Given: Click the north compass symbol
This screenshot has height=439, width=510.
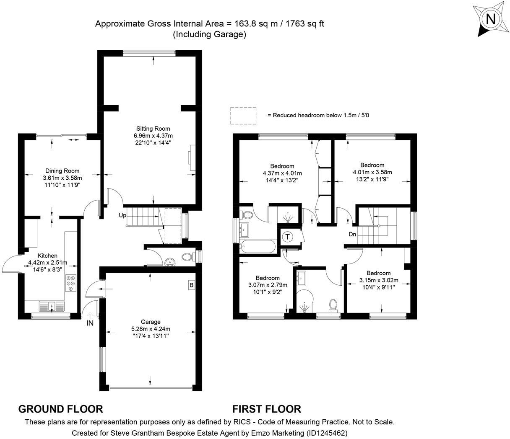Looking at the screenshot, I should pyautogui.click(x=490, y=19).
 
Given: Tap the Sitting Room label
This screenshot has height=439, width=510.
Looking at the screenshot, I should pyautogui.click(x=153, y=129).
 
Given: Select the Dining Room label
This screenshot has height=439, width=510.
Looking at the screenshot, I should pyautogui.click(x=62, y=171).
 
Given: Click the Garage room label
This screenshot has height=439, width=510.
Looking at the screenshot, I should pyautogui.click(x=151, y=322).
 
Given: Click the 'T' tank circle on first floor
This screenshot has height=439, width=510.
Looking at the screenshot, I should pyautogui.click(x=288, y=237).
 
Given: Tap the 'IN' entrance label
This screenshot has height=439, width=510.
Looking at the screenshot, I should pyautogui.click(x=90, y=323).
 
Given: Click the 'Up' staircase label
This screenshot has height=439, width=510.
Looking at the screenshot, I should pyautogui.click(x=122, y=215).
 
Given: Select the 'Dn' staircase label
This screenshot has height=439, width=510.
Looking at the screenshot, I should pyautogui.click(x=352, y=234).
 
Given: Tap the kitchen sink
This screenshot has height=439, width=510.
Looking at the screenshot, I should pyautogui.click(x=52, y=306).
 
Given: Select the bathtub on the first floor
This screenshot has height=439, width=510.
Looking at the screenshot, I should pyautogui.click(x=258, y=246).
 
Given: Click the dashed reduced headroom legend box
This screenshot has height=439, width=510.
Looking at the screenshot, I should pyautogui.click(x=243, y=116).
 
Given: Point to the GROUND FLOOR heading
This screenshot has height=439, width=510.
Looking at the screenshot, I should pyautogui.click(x=60, y=409).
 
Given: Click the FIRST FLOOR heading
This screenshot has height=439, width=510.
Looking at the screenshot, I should pyautogui.click(x=266, y=409).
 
